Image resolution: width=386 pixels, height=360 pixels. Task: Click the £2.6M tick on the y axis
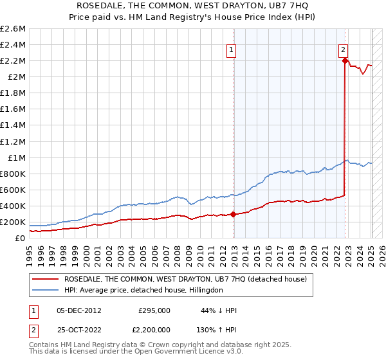pos(13,29)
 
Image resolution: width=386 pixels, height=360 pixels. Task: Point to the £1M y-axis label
pos(16,157)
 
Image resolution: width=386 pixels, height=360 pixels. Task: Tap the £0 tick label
pos(20,239)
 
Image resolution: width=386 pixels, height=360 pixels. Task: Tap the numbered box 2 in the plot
pos(344,49)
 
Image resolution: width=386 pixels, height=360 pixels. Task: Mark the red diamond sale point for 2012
pos(233,215)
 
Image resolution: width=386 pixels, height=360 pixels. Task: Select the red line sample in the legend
pos(46,279)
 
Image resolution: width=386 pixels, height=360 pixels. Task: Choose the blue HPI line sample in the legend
pos(46,290)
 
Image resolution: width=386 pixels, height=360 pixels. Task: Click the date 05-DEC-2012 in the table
pos(79,310)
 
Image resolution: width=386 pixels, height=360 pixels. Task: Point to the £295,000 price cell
pos(154,310)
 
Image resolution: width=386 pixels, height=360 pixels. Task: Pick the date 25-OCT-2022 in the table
pos(79,329)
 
